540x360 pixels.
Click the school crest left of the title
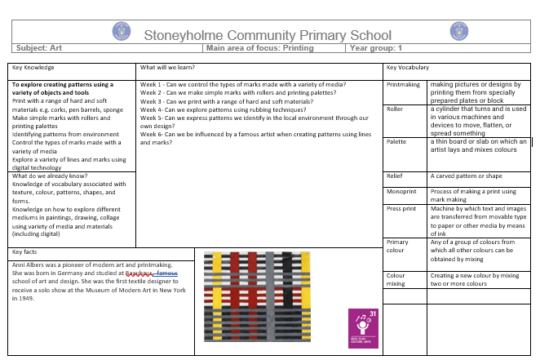coord(121,32)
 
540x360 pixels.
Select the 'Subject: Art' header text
coord(40,48)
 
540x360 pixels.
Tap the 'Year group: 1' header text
coord(376,48)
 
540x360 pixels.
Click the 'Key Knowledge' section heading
coord(33,67)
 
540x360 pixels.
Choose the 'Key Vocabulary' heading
coord(408,67)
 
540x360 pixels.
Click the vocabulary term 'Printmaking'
coord(403,84)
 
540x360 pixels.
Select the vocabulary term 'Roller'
coord(395,109)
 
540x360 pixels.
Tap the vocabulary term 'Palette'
coord(396,142)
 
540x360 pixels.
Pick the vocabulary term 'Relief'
coord(394,176)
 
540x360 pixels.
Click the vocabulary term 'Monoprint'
coord(401,191)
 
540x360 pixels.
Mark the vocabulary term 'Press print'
coord(401,209)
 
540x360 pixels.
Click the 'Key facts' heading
coord(27,251)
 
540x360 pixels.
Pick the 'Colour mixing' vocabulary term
coord(396,281)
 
